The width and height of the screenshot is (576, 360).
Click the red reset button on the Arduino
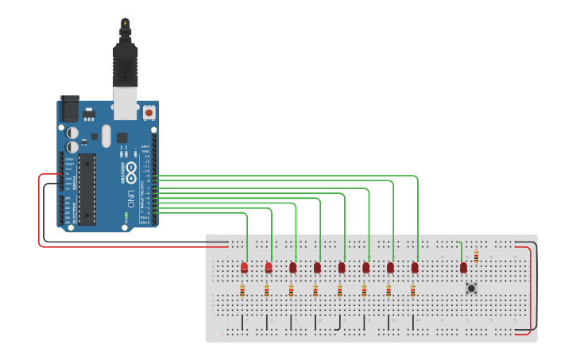click(x=149, y=114)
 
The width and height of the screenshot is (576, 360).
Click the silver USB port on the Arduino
click(x=126, y=102)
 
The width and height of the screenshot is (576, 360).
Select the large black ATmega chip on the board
click(x=87, y=190)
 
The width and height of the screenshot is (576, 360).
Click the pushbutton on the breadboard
click(x=471, y=288)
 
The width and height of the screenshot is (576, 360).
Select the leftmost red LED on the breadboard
click(x=244, y=267)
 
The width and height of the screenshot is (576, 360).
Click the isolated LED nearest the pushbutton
click(x=463, y=268)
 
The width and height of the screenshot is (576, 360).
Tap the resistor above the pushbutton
click(x=476, y=256)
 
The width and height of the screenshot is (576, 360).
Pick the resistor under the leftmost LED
click(x=242, y=290)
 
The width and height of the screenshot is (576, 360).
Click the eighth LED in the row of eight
click(x=415, y=267)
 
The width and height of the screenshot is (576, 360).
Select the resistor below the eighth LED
click(x=413, y=290)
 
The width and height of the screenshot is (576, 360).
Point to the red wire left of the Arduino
click(x=39, y=211)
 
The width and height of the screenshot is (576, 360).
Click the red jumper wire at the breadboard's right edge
click(x=529, y=290)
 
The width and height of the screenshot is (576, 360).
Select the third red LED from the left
click(x=292, y=267)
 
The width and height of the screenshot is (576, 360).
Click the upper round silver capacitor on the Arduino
click(x=72, y=133)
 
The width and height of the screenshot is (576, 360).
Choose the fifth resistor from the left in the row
click(x=340, y=290)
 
